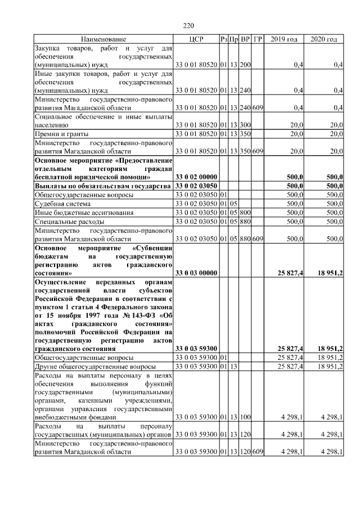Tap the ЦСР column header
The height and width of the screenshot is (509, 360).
[196, 39]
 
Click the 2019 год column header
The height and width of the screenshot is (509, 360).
[284, 39]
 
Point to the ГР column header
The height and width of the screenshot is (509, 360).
[258, 39]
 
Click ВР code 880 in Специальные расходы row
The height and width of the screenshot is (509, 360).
[245, 222]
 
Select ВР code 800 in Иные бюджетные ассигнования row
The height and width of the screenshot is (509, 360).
[245, 213]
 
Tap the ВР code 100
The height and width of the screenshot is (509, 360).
[245, 417]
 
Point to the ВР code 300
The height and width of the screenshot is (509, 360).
[245, 125]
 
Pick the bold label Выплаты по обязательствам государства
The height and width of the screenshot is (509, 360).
[103, 186]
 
